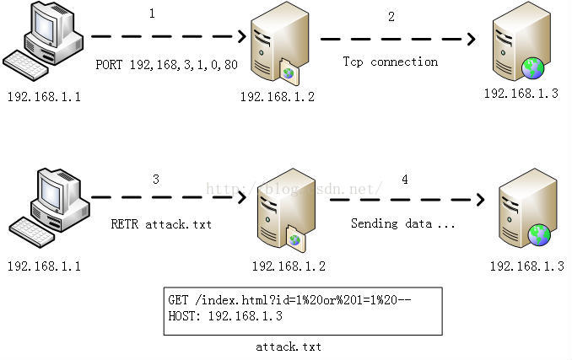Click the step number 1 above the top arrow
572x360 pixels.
[152, 14]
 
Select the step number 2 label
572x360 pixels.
[391, 17]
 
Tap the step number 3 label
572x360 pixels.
[155, 180]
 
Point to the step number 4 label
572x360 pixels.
[405, 180]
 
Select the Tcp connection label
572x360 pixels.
[390, 62]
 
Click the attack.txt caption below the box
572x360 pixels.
[289, 347]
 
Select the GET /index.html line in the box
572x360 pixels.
[289, 300]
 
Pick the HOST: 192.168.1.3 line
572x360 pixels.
[225, 316]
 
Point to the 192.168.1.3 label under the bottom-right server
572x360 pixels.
[526, 266]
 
